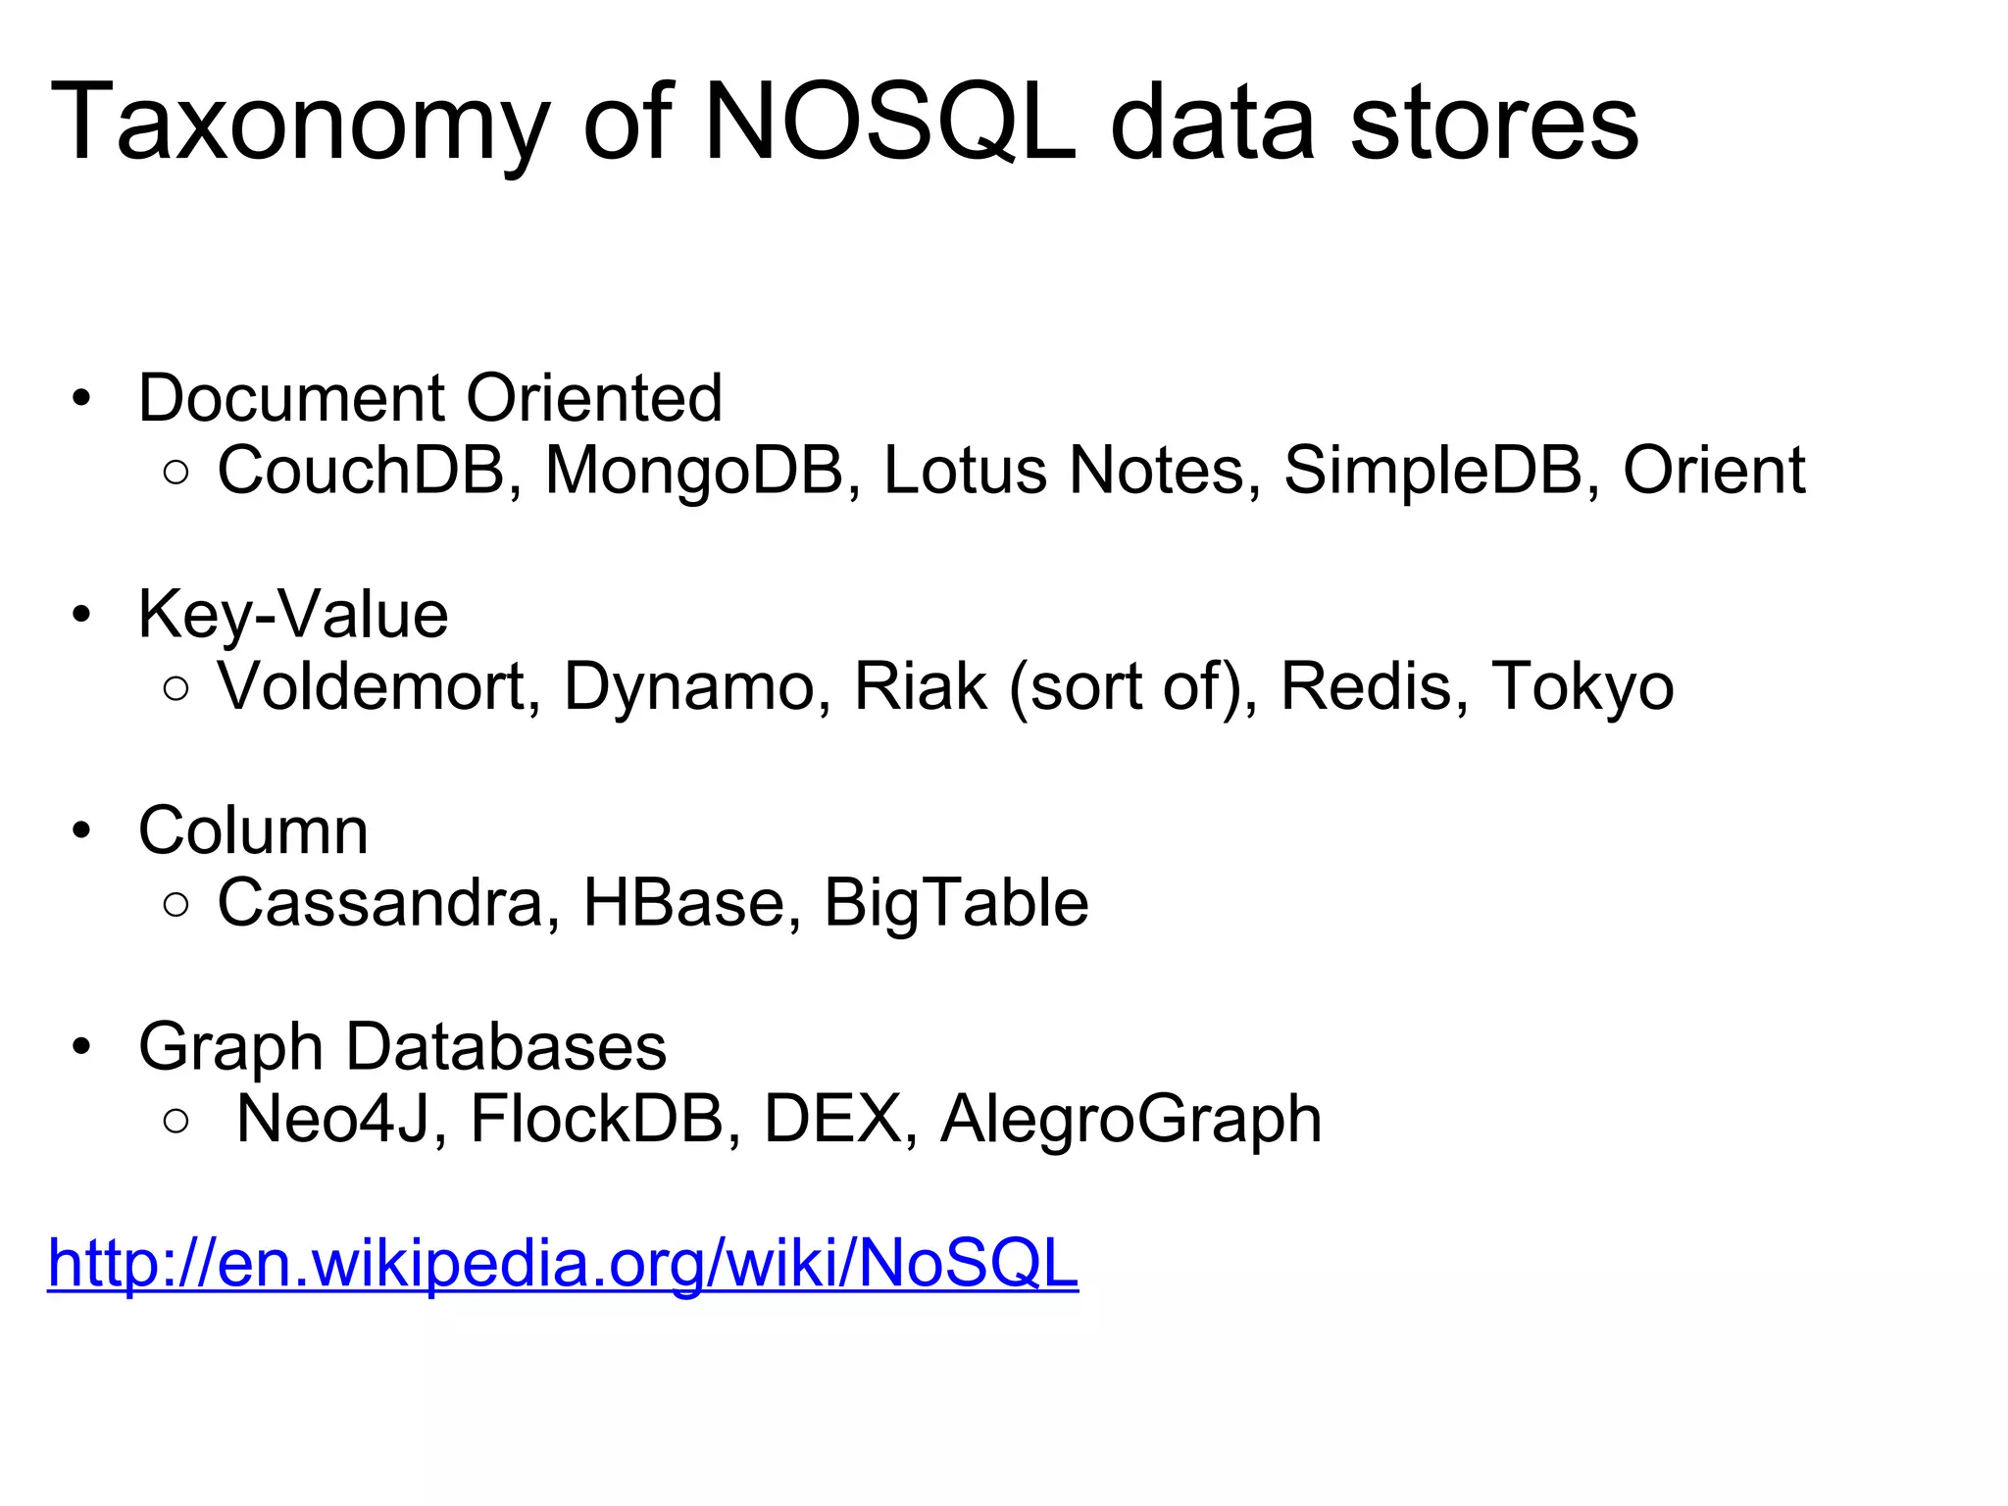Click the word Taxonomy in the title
tap(299, 124)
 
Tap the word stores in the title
tap(1494, 124)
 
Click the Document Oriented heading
tap(430, 398)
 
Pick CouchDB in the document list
tap(360, 470)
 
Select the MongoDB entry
tap(694, 470)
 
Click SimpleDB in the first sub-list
tap(1433, 470)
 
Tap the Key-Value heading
tap(293, 615)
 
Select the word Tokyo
tap(1581, 685)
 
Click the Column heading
tap(253, 830)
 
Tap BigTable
tap(956, 902)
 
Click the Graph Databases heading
tap(402, 1046)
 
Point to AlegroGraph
tap(1130, 1119)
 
